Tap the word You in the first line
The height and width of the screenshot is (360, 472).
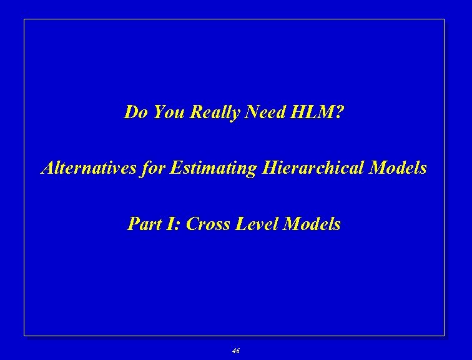click(x=167, y=112)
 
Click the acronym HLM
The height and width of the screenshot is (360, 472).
click(x=313, y=112)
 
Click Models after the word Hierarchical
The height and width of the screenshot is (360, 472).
click(x=398, y=168)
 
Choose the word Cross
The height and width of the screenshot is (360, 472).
click(x=209, y=224)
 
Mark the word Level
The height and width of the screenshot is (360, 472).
click(x=258, y=224)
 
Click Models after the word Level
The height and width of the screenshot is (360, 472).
click(x=312, y=224)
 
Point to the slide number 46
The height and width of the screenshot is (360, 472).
click(x=235, y=351)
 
